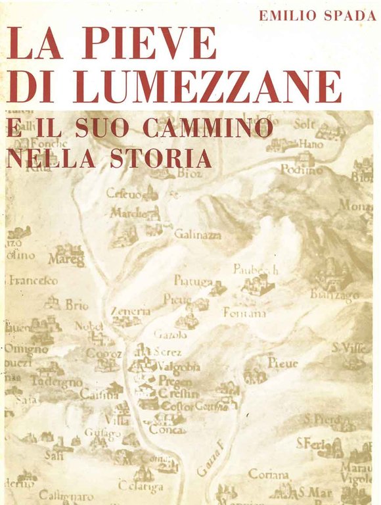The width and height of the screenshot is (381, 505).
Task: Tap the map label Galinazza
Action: pos(198,234)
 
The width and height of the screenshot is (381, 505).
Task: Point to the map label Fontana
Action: pos(244,314)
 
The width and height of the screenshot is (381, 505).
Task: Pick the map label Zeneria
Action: pos(130,311)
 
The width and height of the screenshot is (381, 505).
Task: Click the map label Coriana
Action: pos(267,473)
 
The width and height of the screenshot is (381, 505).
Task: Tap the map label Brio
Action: pos(76,304)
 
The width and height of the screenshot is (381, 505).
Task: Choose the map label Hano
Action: pos(311,143)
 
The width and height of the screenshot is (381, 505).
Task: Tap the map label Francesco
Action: pos(32,281)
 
